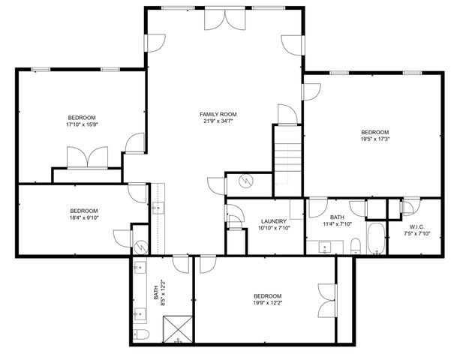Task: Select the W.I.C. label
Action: coord(417,226)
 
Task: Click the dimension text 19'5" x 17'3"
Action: coord(374,139)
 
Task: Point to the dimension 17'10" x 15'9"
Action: coord(82,125)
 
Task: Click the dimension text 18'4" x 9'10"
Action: coord(84,218)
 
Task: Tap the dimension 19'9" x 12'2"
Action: coord(267,303)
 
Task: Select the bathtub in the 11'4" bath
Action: coord(374,239)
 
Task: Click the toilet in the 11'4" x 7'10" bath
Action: coord(356,245)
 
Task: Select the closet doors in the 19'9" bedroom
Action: coord(324,301)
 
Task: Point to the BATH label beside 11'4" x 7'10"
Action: coord(337,217)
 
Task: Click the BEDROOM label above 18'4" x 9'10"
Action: coord(84,211)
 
